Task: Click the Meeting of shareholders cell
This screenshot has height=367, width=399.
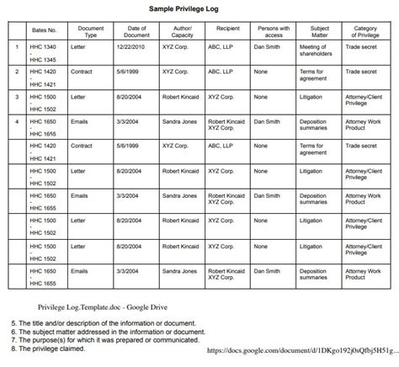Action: coord(317,53)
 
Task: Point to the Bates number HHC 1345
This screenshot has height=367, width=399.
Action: coord(45,61)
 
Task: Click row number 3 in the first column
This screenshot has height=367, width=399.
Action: coord(16,98)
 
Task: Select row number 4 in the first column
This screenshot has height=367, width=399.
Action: coord(16,122)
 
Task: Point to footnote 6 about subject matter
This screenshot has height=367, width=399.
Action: coord(109,331)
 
